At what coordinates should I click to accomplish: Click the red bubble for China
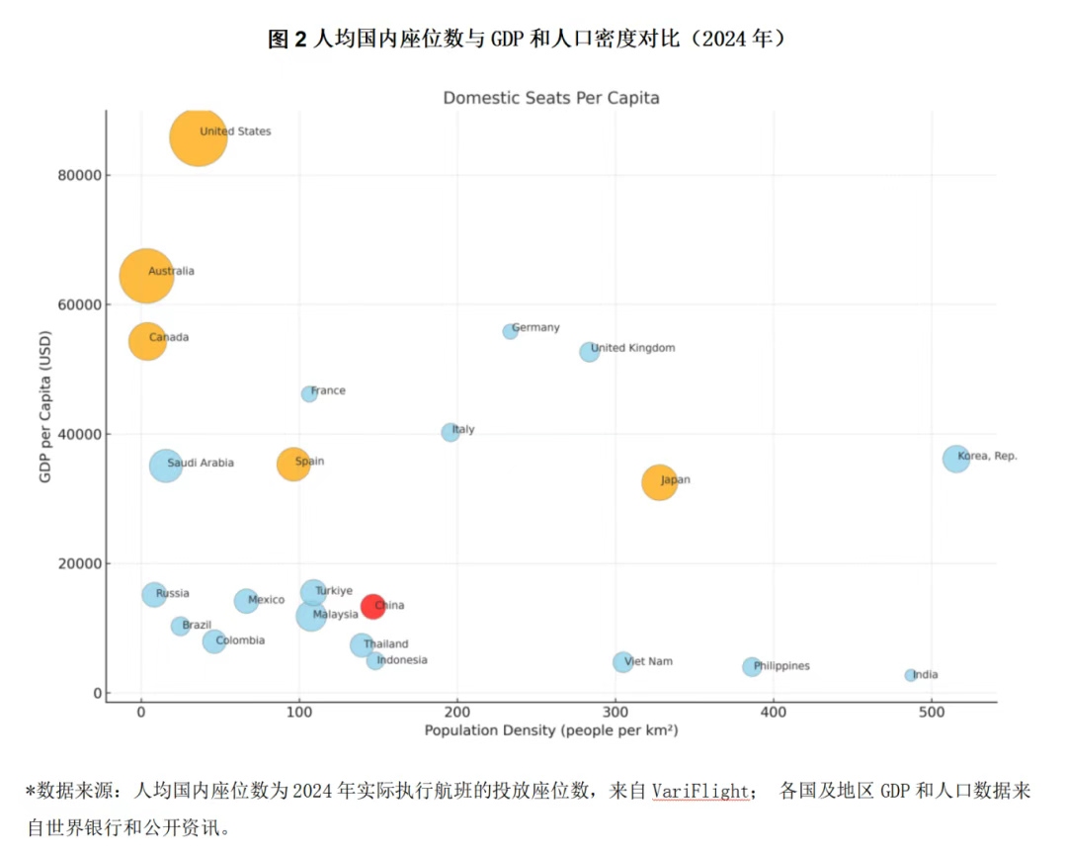click(x=372, y=606)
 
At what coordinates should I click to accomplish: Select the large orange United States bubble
click(x=198, y=138)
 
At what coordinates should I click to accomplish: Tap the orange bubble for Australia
click(x=146, y=276)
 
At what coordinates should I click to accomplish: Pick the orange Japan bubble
click(x=659, y=482)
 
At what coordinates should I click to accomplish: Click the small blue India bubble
click(x=910, y=675)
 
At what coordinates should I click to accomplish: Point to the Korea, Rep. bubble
click(x=955, y=459)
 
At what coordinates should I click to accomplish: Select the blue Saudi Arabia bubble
click(x=166, y=466)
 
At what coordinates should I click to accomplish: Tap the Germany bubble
click(x=510, y=332)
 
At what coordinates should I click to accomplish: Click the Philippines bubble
click(x=752, y=667)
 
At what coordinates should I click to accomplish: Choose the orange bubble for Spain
click(x=293, y=464)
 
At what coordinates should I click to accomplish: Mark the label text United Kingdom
click(x=632, y=348)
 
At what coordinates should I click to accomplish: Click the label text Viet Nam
click(x=648, y=661)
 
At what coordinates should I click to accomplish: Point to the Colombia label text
click(x=240, y=640)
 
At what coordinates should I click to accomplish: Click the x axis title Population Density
click(x=550, y=731)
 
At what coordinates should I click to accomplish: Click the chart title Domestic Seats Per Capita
click(x=550, y=98)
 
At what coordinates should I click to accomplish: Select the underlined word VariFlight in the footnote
click(x=699, y=792)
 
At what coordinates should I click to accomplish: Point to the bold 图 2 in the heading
click(x=287, y=40)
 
